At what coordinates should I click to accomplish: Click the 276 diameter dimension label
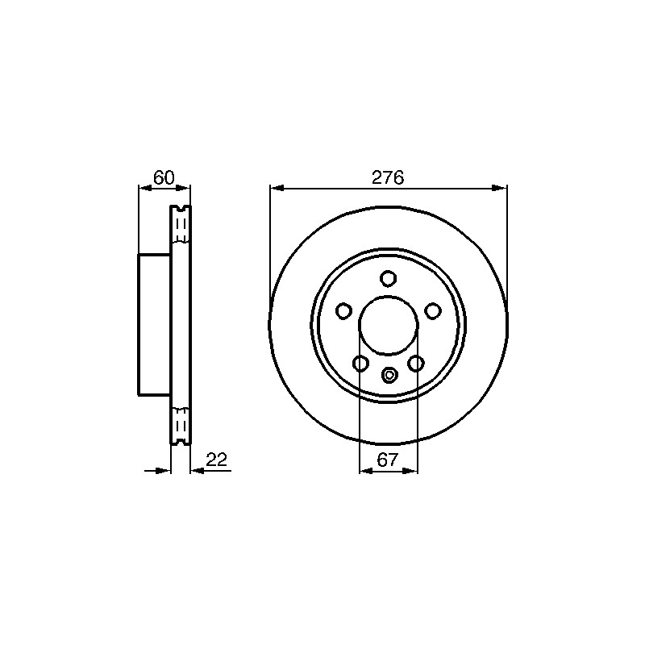tap(388, 177)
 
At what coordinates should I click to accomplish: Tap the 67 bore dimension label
tap(388, 460)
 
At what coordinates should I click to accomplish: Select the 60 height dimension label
tap(164, 177)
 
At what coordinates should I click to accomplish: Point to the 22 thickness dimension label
tap(216, 460)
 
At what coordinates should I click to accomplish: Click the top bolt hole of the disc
tap(388, 278)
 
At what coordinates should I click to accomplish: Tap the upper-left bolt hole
tap(343, 311)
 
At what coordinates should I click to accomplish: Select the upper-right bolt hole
tap(432, 311)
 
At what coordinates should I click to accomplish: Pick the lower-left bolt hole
tap(360, 364)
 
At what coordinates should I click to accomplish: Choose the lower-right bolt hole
tap(416, 364)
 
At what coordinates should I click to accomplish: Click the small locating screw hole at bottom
tap(389, 374)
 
